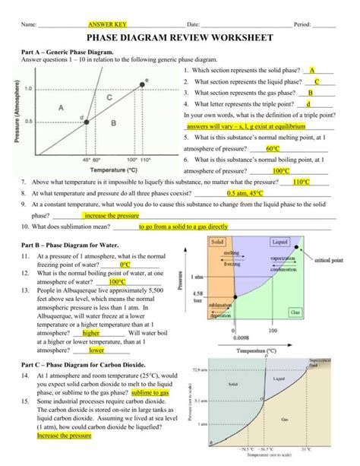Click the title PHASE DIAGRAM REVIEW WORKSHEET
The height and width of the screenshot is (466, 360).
[179, 39]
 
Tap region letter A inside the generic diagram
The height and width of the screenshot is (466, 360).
[61, 108]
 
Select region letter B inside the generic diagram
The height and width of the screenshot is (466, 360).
[114, 121]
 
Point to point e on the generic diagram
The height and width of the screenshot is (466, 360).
[146, 79]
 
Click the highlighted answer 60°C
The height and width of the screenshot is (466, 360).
[273, 150]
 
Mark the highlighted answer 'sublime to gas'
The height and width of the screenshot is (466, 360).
[150, 393]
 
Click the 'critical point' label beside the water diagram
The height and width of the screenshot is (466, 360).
[327, 260]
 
